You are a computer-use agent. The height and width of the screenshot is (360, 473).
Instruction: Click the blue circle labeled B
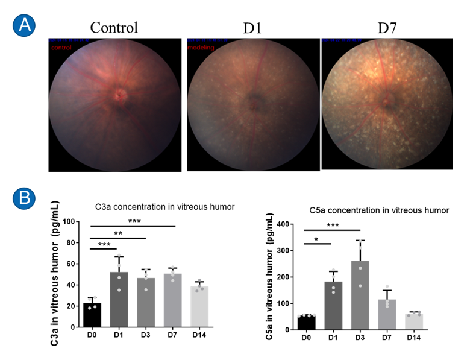(x=25, y=197)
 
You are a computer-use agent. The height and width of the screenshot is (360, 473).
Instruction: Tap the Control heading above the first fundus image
(x=114, y=27)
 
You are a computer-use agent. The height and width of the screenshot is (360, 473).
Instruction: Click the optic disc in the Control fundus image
(x=122, y=95)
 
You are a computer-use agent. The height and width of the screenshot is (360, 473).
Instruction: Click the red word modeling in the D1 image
(x=201, y=46)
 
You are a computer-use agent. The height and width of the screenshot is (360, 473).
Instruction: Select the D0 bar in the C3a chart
(x=92, y=315)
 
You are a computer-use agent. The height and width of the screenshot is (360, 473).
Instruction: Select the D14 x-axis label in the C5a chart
(x=415, y=337)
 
